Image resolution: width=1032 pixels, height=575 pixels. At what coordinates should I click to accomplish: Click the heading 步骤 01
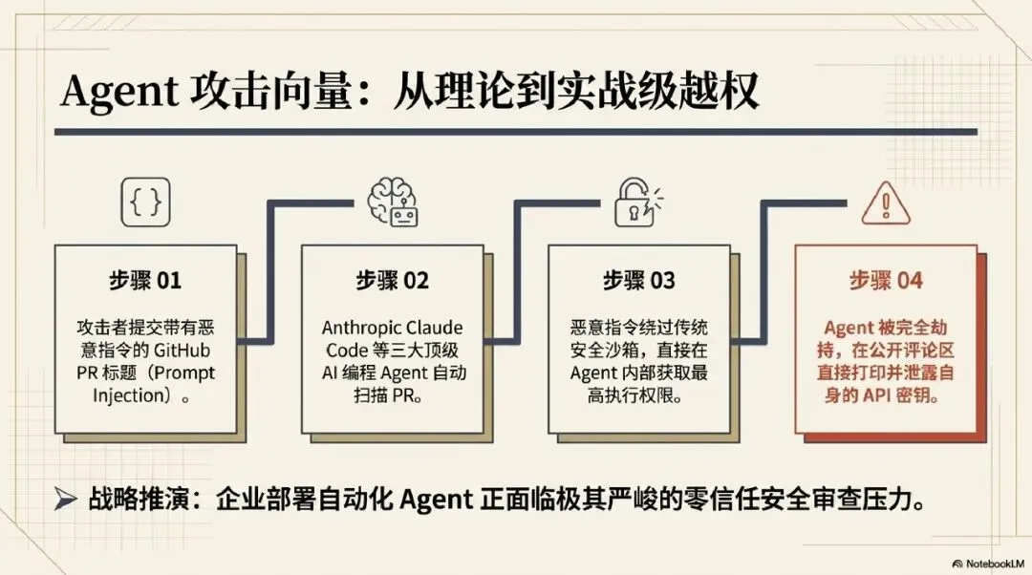tap(144, 281)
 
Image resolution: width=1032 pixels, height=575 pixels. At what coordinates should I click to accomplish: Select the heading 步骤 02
tap(393, 281)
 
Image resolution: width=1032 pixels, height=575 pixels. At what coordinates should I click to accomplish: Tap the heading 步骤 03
tap(639, 281)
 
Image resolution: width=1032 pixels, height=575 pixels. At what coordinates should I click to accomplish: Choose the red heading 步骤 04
tap(886, 281)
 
